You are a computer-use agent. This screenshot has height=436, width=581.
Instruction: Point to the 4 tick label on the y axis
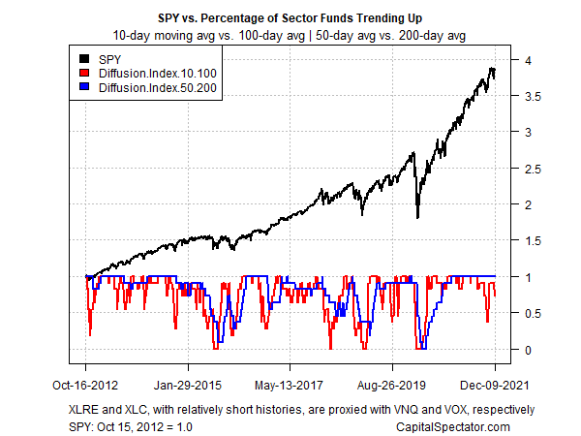[x=528, y=60]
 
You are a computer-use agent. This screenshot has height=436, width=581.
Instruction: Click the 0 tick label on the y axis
[x=528, y=349]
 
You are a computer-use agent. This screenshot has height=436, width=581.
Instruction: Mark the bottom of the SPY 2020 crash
[x=417, y=217]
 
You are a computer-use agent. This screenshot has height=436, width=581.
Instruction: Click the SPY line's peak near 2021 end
[x=492, y=69]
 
